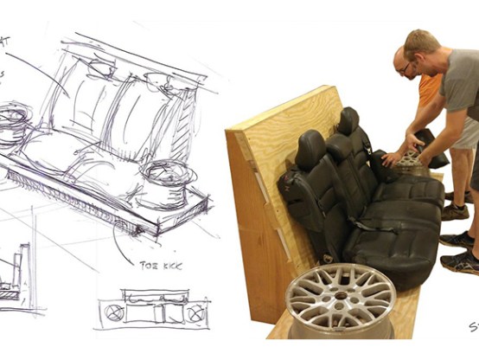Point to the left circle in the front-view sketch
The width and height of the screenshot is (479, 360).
click(x=113, y=312)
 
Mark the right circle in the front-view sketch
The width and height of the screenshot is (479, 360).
click(x=196, y=312)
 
